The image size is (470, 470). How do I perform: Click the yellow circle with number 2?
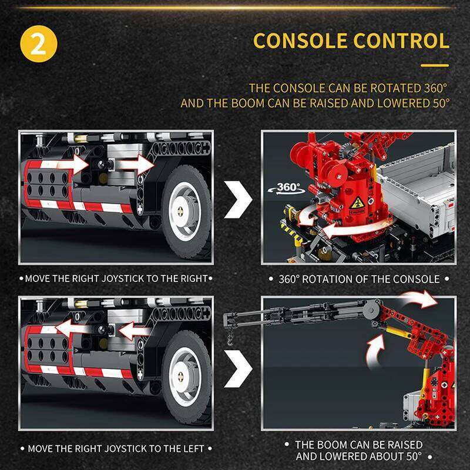[39, 43]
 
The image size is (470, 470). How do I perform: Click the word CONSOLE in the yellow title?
[300, 41]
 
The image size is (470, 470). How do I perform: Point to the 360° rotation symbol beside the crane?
[287, 188]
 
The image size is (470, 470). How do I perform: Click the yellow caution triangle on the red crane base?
[357, 203]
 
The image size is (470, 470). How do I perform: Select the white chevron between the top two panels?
[239, 199]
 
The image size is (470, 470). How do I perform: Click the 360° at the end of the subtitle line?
[435, 88]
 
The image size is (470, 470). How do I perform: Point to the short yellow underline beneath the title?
[435, 65]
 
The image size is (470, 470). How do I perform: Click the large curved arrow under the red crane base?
[354, 230]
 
